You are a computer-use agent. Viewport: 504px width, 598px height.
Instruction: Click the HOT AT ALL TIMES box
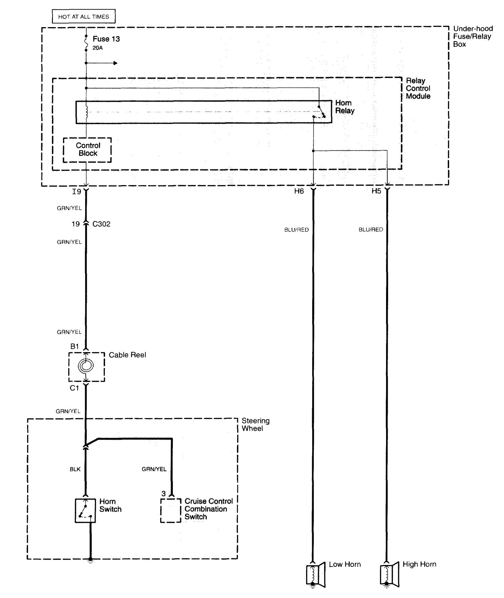(x=83, y=16)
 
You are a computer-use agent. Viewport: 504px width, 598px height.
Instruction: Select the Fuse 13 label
(x=106, y=39)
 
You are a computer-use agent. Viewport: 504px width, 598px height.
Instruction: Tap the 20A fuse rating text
(x=98, y=48)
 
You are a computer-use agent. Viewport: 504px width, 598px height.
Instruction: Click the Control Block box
(x=87, y=149)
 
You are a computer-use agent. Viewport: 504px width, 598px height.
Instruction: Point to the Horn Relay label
(x=345, y=107)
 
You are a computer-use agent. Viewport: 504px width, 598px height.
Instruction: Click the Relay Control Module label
(x=418, y=88)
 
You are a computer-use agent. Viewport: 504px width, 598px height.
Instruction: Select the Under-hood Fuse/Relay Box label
(x=472, y=36)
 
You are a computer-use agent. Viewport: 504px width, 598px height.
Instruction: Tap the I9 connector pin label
(x=77, y=192)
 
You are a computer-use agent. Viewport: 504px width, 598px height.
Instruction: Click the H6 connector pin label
(x=299, y=192)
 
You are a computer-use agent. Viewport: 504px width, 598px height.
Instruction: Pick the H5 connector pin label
(x=376, y=191)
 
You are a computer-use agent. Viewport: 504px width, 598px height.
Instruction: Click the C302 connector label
(x=101, y=224)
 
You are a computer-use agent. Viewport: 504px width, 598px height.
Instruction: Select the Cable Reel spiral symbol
(x=86, y=366)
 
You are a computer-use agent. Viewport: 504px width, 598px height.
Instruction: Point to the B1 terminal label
(x=75, y=346)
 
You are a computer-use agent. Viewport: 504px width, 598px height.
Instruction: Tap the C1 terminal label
(x=75, y=388)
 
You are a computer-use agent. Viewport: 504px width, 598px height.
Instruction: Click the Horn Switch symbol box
(x=85, y=510)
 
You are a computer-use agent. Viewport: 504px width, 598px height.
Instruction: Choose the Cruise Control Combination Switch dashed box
(x=170, y=510)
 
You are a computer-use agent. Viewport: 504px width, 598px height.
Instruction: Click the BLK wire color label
(x=75, y=470)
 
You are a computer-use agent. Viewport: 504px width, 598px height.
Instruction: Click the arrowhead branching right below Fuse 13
(x=115, y=63)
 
